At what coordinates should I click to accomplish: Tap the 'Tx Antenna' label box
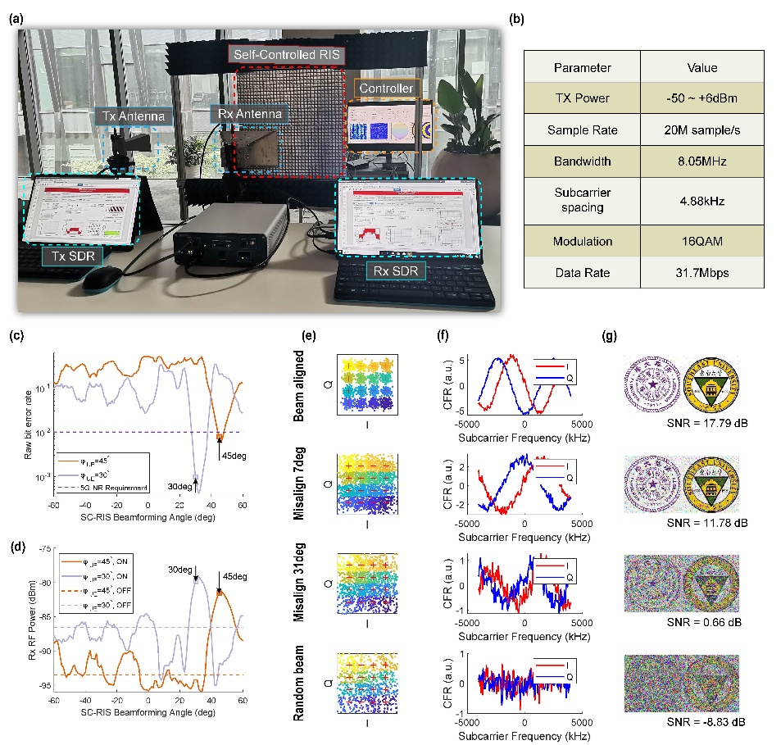(x=134, y=117)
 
